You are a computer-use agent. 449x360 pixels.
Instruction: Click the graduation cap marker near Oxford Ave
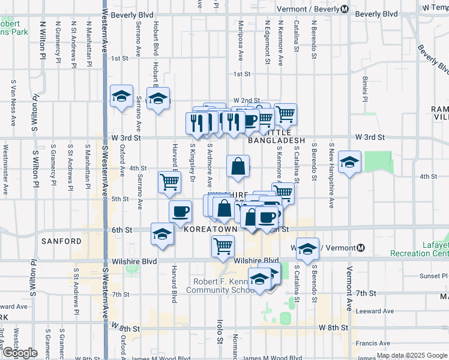click(121, 96)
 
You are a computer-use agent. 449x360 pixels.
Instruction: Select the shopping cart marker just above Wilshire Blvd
click(223, 245)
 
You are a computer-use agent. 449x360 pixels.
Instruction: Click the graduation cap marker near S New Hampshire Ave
click(349, 162)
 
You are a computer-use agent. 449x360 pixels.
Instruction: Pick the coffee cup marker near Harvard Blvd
click(180, 211)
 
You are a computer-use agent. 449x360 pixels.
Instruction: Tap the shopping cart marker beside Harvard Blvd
click(170, 181)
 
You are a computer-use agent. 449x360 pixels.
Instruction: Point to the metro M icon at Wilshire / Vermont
click(361, 248)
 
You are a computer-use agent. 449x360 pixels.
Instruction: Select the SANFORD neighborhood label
click(61, 241)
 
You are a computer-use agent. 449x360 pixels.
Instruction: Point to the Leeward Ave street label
click(374, 311)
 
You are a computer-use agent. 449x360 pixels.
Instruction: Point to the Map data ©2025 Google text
click(411, 355)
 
